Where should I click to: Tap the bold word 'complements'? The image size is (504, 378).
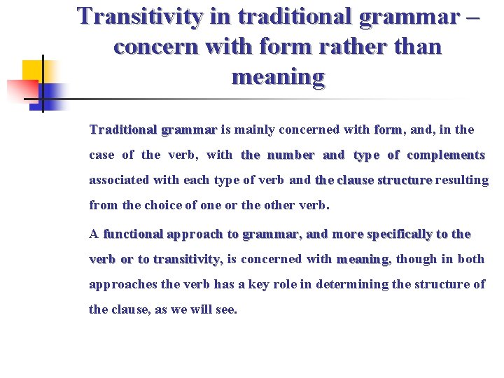[x=446, y=155]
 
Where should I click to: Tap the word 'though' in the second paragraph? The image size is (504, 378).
[x=417, y=259]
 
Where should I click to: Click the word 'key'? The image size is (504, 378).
[x=265, y=284]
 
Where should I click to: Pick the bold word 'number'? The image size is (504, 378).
[x=290, y=155]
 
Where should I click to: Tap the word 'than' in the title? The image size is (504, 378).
[x=417, y=47]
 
